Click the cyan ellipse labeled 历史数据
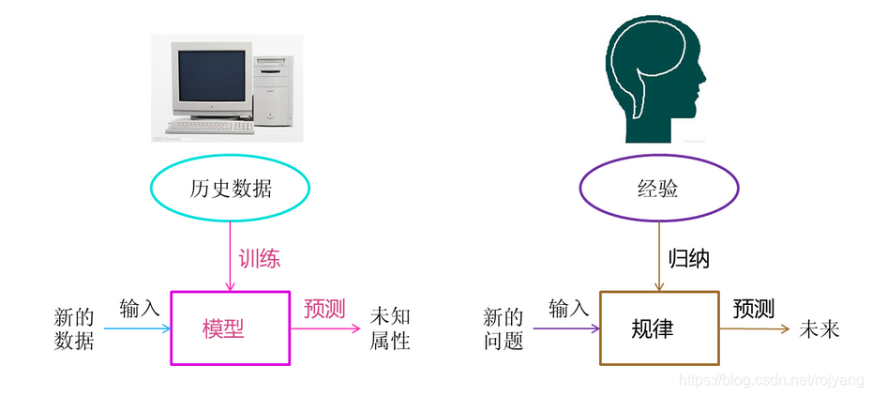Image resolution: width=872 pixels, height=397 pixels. click(230, 190)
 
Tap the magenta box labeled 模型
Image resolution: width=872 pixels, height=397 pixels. click(230, 328)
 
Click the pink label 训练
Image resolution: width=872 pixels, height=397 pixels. click(259, 257)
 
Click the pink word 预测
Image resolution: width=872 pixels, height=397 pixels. click(324, 308)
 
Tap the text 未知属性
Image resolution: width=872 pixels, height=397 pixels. click(390, 328)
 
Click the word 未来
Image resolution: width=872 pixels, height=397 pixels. click(818, 329)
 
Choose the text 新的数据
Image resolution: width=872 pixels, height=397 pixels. click(74, 328)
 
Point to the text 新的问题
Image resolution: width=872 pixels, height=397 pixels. click(503, 328)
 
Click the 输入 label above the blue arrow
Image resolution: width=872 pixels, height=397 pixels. click(140, 307)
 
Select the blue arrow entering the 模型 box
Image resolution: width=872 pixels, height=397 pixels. click(136, 328)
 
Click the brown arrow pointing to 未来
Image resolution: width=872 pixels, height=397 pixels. click(755, 328)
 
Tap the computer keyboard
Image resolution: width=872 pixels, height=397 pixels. click(210, 126)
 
